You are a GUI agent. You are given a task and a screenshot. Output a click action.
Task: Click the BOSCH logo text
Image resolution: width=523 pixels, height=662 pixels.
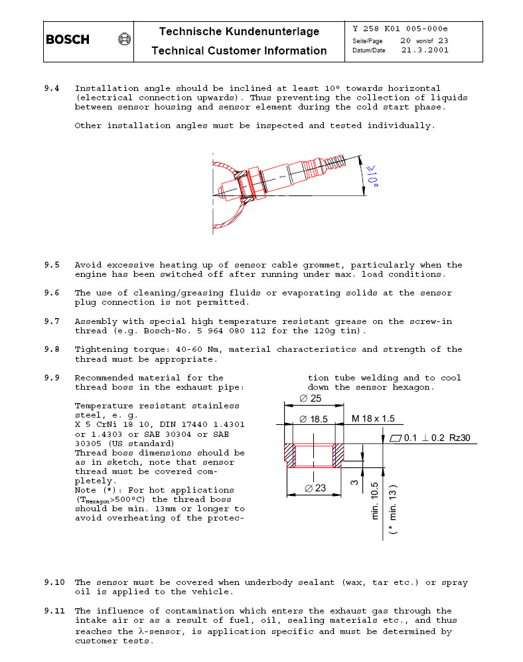click(x=67, y=40)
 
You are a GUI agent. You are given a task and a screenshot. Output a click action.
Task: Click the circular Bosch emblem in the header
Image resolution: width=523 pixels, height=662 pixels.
click(x=123, y=40)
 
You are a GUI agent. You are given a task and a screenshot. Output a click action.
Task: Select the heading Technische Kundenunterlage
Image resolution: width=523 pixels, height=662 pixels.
click(x=239, y=31)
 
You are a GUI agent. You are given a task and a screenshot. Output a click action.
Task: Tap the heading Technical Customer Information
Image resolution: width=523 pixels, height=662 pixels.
click(x=239, y=50)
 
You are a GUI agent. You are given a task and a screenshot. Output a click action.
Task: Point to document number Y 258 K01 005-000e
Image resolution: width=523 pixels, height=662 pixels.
click(x=400, y=29)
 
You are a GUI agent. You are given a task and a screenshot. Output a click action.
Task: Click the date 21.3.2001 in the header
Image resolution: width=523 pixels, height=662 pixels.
click(x=425, y=50)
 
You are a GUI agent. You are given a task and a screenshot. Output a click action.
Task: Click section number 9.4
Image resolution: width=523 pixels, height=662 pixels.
click(x=52, y=88)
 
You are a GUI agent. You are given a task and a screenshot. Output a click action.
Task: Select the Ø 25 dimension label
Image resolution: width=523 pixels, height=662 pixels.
click(x=311, y=398)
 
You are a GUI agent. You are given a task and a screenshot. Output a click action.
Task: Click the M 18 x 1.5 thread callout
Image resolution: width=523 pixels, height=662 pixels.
click(x=373, y=419)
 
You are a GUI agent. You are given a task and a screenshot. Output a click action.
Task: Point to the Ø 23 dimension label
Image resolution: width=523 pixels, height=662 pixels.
click(x=316, y=488)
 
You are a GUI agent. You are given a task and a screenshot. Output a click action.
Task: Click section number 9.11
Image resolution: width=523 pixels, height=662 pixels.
click(x=54, y=611)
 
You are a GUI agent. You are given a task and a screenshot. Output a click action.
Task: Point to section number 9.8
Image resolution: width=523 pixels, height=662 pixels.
click(x=52, y=349)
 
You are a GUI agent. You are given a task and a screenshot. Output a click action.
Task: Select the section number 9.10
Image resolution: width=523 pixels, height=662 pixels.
click(x=54, y=583)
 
